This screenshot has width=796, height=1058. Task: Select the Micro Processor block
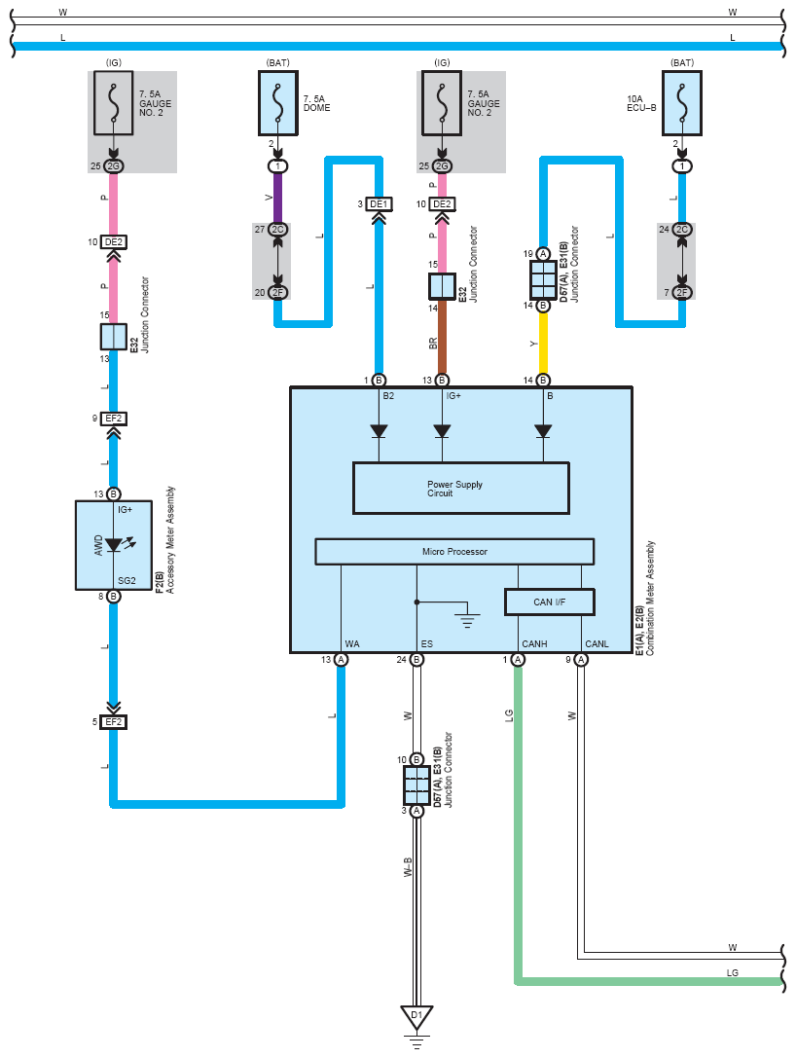(454, 551)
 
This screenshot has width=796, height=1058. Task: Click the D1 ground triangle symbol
(416, 1016)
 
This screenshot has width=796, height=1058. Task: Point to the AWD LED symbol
(113, 544)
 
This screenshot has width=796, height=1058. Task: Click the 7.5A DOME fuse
(278, 103)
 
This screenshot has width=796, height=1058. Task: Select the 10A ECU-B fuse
(681, 103)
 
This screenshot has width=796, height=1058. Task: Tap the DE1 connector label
(379, 203)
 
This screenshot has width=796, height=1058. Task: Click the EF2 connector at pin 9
(113, 419)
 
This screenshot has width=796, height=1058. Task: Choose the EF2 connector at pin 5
(113, 722)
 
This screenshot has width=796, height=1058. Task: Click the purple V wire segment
(277, 198)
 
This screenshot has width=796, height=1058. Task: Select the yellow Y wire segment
(543, 343)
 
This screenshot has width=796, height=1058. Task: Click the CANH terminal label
(534, 643)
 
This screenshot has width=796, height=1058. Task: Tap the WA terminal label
(352, 643)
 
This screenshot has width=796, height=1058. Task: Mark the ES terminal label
(427, 643)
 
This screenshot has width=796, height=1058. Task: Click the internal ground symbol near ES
(467, 619)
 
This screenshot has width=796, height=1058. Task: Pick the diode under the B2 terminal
(379, 431)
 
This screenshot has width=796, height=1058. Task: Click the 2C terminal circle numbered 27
(277, 230)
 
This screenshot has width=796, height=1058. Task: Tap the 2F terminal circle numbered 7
(682, 292)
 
